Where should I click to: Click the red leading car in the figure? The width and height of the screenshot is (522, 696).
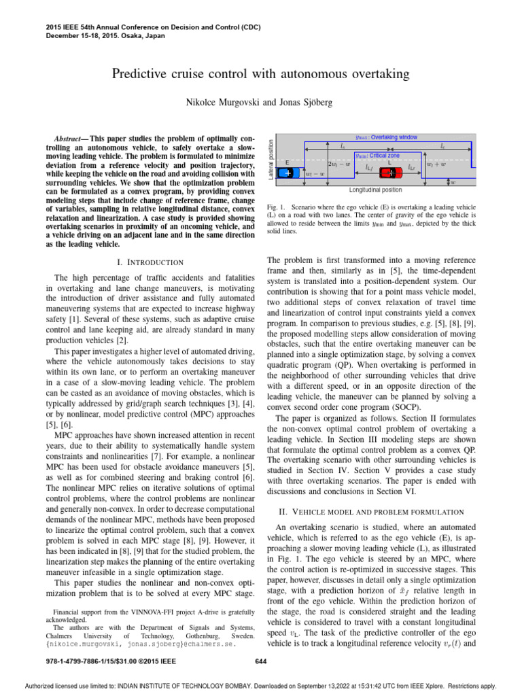click(x=389, y=173)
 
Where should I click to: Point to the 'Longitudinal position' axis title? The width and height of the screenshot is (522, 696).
click(x=375, y=190)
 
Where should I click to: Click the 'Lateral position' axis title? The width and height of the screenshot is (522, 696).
click(x=271, y=156)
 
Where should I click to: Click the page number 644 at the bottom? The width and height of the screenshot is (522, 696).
click(x=260, y=660)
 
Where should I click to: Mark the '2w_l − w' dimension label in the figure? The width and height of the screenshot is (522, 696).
click(x=340, y=164)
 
